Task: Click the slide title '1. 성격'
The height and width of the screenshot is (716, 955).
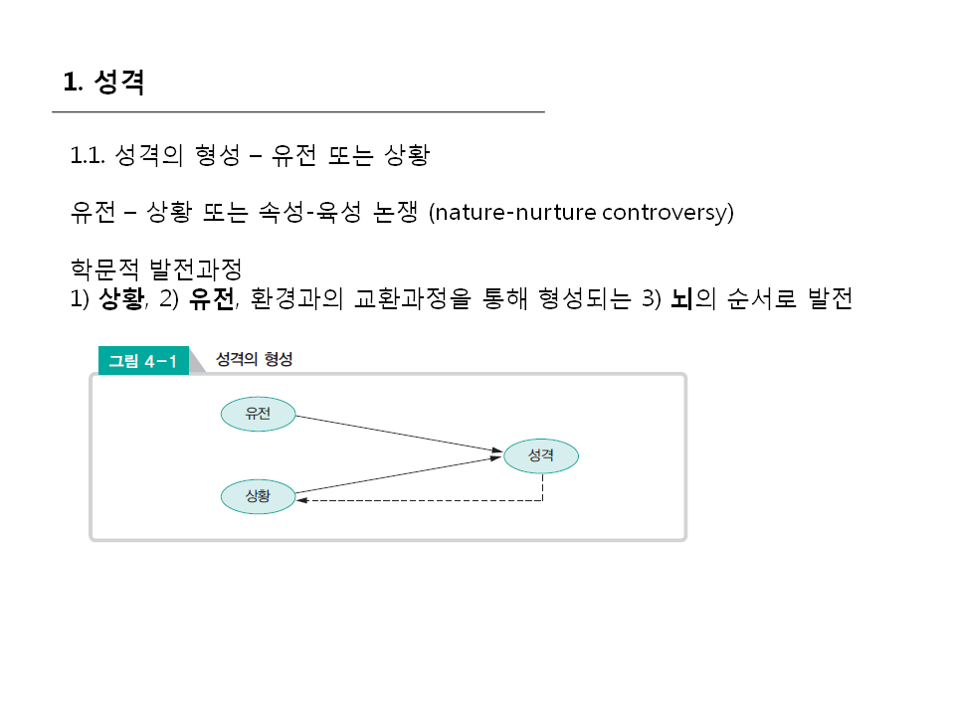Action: click(104, 82)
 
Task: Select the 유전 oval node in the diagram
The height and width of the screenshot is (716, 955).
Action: click(258, 414)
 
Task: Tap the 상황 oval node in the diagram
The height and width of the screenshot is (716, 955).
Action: click(258, 495)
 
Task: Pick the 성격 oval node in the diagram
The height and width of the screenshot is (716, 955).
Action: click(541, 455)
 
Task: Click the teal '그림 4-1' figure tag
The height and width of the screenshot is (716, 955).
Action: click(142, 361)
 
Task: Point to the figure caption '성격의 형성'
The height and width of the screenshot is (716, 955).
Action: click(255, 360)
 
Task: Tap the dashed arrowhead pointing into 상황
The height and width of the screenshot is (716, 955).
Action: click(302, 500)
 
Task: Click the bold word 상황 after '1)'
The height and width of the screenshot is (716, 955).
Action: click(121, 300)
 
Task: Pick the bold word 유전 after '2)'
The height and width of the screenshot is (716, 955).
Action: click(212, 300)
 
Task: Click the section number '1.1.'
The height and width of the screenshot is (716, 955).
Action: click(89, 156)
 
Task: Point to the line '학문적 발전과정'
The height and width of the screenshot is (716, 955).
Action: click(156, 269)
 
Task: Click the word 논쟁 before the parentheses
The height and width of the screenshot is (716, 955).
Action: click(395, 212)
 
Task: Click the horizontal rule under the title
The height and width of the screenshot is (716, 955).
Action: click(298, 112)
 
